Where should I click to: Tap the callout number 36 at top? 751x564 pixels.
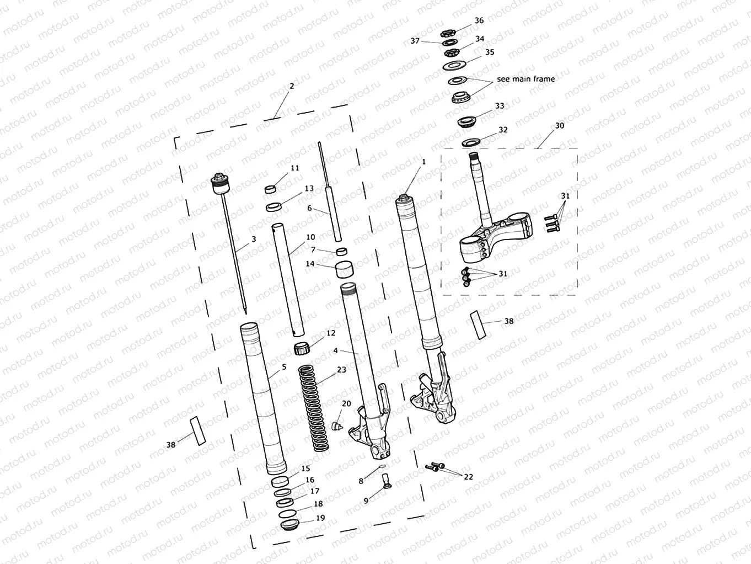point(479,20)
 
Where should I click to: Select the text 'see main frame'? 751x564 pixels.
point(525,79)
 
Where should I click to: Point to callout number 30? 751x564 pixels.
point(560,126)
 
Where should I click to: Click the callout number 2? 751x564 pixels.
point(292,86)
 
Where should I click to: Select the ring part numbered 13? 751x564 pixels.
point(274,207)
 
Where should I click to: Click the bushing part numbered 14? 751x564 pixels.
point(345,271)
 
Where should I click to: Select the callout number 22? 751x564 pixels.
point(468,477)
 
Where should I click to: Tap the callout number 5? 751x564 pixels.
point(284,367)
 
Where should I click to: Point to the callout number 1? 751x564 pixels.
point(423,162)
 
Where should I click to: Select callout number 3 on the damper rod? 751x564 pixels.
point(254,240)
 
